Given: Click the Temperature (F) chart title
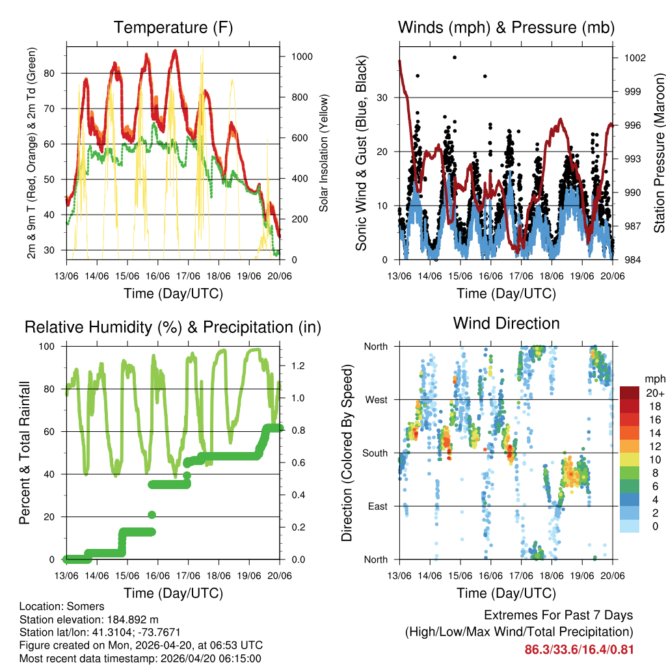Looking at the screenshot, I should point(173,27).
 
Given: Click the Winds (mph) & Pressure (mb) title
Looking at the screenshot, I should point(506,27).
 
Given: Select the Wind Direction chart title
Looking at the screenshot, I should point(506,323).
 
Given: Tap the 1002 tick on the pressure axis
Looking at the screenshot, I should point(633,58).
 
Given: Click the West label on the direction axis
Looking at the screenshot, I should point(376,399).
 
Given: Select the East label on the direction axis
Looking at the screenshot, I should point(377,506).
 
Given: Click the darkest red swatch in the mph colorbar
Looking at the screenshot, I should point(629,393).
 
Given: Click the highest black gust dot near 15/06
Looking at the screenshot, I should point(455,57).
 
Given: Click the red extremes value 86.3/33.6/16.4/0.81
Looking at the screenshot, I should point(579,650).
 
